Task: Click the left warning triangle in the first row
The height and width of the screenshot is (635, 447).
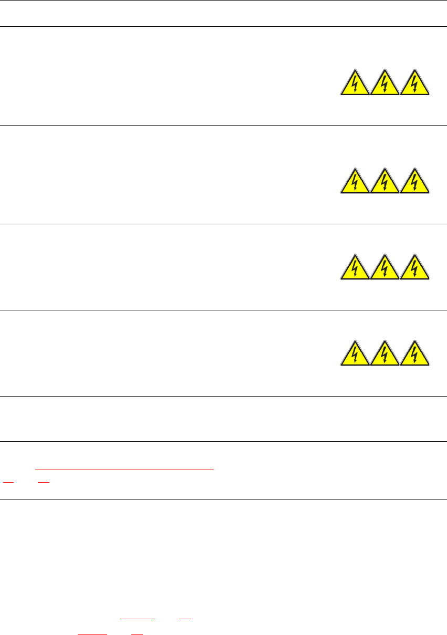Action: pyautogui.click(x=355, y=84)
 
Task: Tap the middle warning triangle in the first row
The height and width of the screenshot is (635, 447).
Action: pyautogui.click(x=384, y=84)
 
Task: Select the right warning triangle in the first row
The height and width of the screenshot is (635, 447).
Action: pyautogui.click(x=415, y=84)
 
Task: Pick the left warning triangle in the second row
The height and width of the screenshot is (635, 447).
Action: pyautogui.click(x=355, y=182)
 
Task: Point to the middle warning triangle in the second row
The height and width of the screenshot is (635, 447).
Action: pyautogui.click(x=384, y=182)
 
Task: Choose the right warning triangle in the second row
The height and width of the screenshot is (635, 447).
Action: pyautogui.click(x=415, y=182)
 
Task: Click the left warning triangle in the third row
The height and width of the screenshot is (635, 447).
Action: pyautogui.click(x=355, y=268)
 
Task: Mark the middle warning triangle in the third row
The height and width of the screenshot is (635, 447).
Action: pyautogui.click(x=384, y=268)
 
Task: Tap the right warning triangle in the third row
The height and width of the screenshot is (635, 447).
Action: pyautogui.click(x=415, y=268)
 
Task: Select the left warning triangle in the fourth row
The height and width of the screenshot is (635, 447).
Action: pyautogui.click(x=355, y=355)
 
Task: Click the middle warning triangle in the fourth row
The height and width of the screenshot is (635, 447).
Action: pyautogui.click(x=384, y=355)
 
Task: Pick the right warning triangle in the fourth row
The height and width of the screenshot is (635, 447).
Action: pyautogui.click(x=415, y=355)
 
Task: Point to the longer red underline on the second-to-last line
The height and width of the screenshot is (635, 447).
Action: pyautogui.click(x=138, y=620)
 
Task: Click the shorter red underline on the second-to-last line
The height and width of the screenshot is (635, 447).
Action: pyautogui.click(x=184, y=620)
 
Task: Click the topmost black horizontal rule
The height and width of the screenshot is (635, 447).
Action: pyautogui.click(x=223, y=1)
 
